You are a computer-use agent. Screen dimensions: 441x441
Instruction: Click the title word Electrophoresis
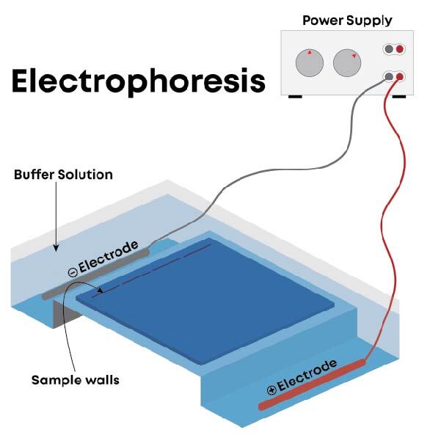[138, 81]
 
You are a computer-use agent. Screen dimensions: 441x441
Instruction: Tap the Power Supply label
[347, 20]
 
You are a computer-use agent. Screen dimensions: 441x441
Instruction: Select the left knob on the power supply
[310, 63]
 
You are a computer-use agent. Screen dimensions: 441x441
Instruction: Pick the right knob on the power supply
[348, 63]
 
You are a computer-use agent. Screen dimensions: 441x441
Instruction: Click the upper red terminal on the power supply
[400, 49]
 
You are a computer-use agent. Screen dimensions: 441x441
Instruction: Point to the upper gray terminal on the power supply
[389, 49]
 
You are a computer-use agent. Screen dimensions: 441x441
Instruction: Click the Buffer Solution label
[64, 175]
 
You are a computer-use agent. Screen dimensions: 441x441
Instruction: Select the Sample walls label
[76, 379]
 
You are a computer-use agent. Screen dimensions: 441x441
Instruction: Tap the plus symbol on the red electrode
[271, 389]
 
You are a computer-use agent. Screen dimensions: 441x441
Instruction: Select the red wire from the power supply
[388, 220]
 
